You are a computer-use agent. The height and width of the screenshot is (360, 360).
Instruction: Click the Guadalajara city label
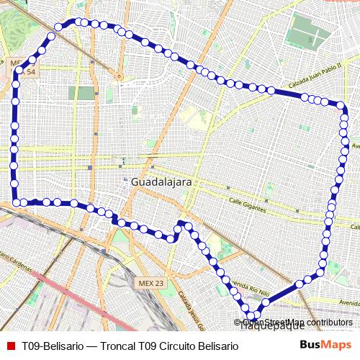(x=161, y=183)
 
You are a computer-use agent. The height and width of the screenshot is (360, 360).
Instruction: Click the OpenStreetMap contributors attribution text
(x=297, y=322)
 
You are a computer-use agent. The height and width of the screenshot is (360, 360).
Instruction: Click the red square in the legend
(x=10, y=346)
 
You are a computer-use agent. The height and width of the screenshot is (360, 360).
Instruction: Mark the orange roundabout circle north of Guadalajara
(x=119, y=75)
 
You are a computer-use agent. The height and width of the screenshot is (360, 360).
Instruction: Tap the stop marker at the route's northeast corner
(x=343, y=112)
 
